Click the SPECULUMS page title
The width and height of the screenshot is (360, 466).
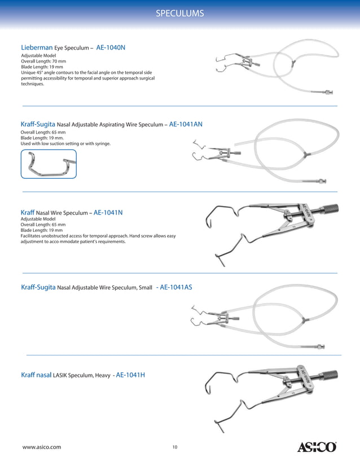179,13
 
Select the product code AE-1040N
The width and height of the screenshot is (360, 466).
111,48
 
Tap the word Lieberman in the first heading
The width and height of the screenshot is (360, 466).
37,48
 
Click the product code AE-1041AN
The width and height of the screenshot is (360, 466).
186,124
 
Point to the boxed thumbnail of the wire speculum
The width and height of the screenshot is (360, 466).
49,164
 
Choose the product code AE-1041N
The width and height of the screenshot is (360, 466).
108,213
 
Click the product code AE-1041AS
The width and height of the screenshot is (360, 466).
176,287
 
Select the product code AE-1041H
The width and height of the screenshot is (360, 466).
130,374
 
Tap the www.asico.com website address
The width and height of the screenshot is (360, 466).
41,447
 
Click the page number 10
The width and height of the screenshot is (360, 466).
175,447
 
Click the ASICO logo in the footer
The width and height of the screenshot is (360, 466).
317,447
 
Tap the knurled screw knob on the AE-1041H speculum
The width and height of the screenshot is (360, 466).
332,376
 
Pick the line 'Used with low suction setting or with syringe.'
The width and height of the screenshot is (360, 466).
65,144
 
